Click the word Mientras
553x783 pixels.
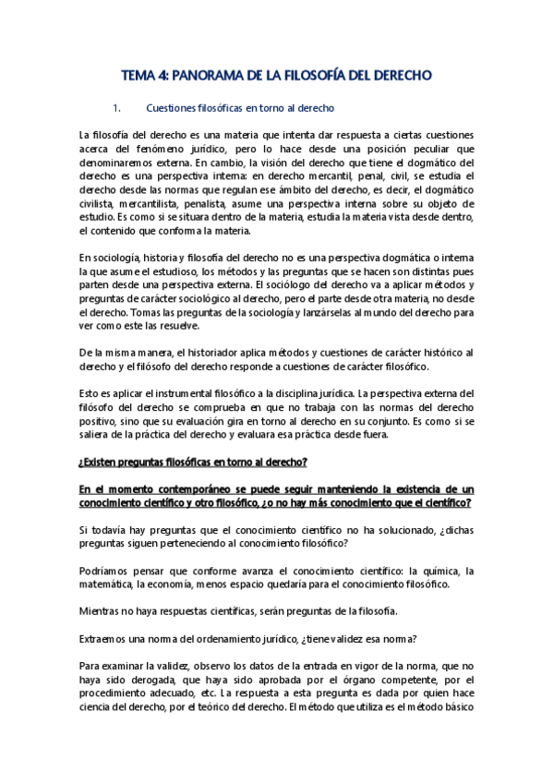click(102, 611)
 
